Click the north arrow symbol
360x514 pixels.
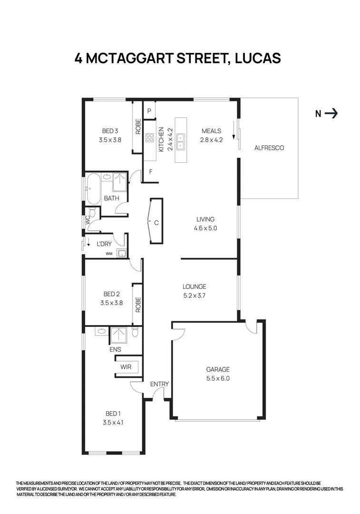332,113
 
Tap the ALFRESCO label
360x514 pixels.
269,148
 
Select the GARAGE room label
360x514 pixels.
218,369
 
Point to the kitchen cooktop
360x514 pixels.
149,138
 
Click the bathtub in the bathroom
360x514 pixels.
93,189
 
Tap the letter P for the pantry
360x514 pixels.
149,111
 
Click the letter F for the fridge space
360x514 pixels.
150,172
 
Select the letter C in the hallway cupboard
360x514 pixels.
156,222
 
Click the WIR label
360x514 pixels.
126,367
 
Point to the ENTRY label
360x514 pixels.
159,384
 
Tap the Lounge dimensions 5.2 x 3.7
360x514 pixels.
195,296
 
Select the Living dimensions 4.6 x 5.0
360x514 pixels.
206,228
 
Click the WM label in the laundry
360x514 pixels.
109,254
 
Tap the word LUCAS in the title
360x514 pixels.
258,59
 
